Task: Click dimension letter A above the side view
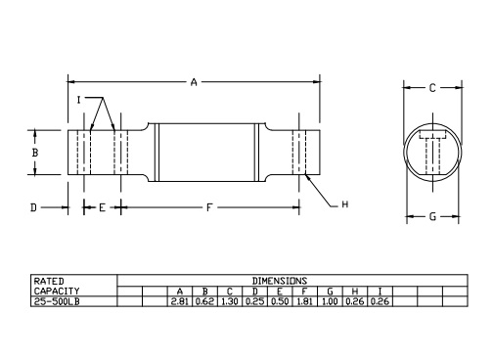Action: point(194,82)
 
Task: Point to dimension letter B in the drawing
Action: point(34,154)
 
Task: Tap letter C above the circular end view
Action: point(431,88)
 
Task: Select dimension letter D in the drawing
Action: point(33,207)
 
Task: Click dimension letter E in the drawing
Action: point(101,207)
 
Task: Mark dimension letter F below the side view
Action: point(209,207)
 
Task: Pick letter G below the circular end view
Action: point(431,216)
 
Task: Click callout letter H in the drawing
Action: point(345,203)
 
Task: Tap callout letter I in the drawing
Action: point(79,100)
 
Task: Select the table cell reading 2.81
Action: point(179,301)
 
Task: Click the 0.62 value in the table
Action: point(204,301)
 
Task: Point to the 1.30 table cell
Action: point(230,301)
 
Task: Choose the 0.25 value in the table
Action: point(255,301)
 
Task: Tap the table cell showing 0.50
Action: point(280,301)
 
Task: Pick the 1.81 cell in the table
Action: point(305,301)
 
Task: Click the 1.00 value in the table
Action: point(331,301)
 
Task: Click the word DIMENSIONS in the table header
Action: point(279,281)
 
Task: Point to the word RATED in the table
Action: point(49,281)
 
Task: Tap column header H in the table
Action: point(355,292)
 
